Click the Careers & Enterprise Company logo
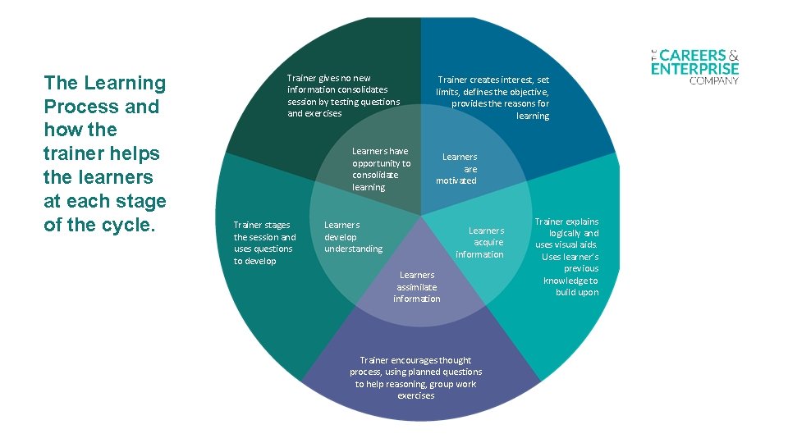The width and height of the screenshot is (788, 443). point(694,64)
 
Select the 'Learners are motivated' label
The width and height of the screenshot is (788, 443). point(457,168)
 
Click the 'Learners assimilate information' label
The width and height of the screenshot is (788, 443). point(417,286)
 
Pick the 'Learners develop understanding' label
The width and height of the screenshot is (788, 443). point(353,236)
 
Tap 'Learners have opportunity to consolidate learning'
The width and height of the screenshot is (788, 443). point(381,169)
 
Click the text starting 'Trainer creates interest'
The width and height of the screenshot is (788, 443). point(493,98)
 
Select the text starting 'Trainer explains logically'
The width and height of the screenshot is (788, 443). point(568,257)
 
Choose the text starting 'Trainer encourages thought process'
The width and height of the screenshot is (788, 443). point(416,377)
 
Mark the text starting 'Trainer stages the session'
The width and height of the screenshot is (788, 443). point(264,243)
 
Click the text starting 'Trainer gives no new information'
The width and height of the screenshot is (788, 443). point(343,96)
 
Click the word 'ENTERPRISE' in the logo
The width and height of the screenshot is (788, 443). point(694,69)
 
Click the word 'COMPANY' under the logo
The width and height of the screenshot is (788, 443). point(713,80)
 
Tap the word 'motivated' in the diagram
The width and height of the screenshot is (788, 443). point(456,180)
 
